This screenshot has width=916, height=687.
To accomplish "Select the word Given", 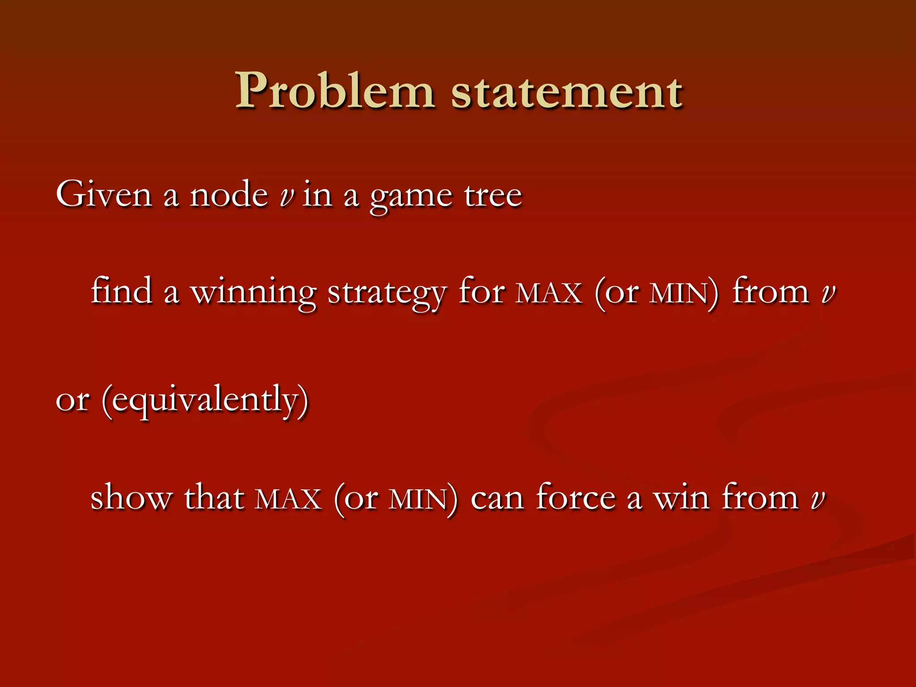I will (x=104, y=195).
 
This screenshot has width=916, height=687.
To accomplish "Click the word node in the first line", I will (x=229, y=195).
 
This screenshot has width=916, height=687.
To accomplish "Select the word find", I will (x=122, y=291).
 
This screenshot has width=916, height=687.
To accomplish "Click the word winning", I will (x=254, y=293).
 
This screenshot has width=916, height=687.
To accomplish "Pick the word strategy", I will (x=387, y=293).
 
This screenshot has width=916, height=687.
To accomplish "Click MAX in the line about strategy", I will (x=549, y=293).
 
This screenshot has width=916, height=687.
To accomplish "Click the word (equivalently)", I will (x=205, y=399).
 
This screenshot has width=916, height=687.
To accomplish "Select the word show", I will (x=131, y=497).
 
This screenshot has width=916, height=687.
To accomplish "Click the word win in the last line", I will (x=681, y=497).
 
